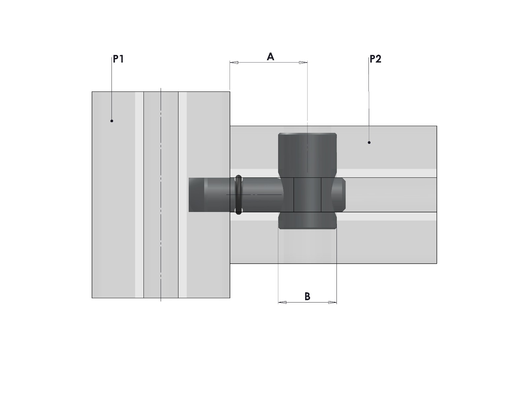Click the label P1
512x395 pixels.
(x=118, y=59)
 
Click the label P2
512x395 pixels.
(x=375, y=59)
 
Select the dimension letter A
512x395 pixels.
(x=270, y=57)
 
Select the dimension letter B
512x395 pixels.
(x=307, y=296)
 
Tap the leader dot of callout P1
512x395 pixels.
(x=112, y=121)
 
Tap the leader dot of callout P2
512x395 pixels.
(x=369, y=143)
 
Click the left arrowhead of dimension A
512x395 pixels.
(x=234, y=63)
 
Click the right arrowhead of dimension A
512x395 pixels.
(x=303, y=63)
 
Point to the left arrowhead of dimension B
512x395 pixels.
(x=282, y=302)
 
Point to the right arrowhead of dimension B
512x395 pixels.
(x=333, y=302)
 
